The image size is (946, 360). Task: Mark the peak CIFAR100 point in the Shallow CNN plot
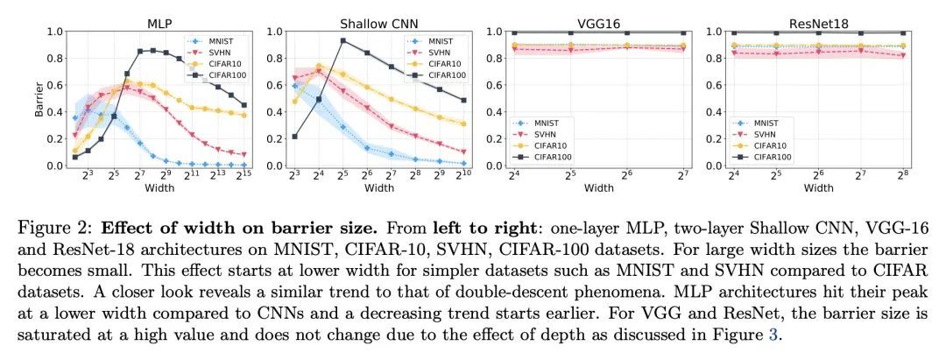click(x=342, y=40)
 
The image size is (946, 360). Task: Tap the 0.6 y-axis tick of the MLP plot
click(x=53, y=85)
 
